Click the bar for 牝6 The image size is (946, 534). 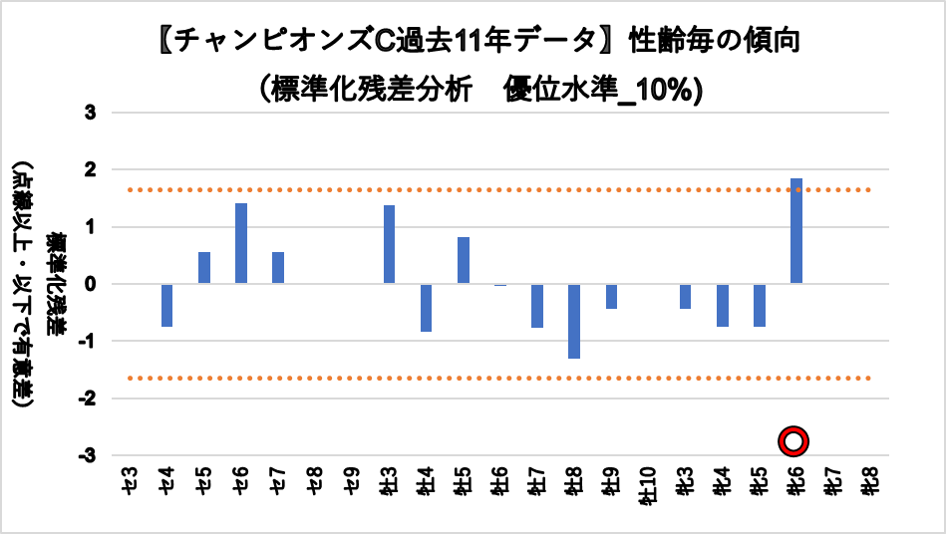(x=796, y=231)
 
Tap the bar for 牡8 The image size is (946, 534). (x=574, y=321)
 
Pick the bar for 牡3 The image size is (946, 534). (x=389, y=244)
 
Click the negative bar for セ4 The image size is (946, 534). (x=166, y=305)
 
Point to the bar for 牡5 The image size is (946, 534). (x=464, y=260)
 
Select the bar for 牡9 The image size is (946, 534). (x=611, y=296)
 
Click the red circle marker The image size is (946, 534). (x=793, y=441)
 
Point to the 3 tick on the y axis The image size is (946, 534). (x=90, y=114)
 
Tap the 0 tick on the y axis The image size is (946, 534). (x=90, y=284)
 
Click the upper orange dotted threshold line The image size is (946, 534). (x=498, y=189)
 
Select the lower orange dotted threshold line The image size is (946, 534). (x=498, y=378)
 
